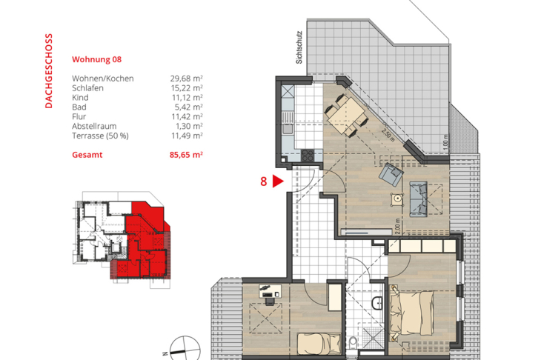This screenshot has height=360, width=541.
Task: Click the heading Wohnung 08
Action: pyautogui.click(x=96, y=59)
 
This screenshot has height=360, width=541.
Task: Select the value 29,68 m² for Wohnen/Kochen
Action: pyautogui.click(x=186, y=78)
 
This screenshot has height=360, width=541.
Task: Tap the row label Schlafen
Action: pyautogui.click(x=89, y=87)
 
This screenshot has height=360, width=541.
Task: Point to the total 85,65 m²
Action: pyautogui.click(x=185, y=155)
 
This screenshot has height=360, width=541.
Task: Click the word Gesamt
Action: pyautogui.click(x=87, y=155)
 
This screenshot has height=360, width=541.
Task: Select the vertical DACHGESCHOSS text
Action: pyautogui.click(x=49, y=70)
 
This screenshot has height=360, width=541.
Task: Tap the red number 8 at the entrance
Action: pyautogui.click(x=263, y=181)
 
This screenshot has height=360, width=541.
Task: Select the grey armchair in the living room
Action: pyautogui.click(x=389, y=175)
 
